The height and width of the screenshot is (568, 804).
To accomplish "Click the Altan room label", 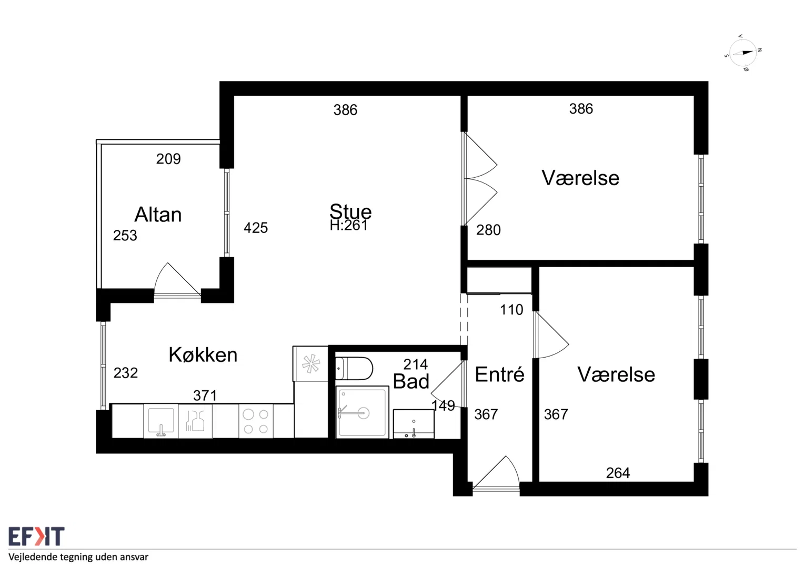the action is (x=158, y=215).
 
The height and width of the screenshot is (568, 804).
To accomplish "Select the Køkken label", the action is (x=203, y=354).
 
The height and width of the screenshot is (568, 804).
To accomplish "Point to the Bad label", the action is (x=411, y=381).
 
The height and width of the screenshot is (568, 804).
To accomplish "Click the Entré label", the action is (x=499, y=374).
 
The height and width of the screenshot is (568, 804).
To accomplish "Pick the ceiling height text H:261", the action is (x=349, y=225).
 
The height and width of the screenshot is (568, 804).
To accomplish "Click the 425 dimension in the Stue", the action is (x=256, y=228).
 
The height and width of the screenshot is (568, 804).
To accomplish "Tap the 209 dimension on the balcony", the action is (x=168, y=159).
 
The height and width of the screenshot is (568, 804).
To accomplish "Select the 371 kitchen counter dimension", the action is (x=205, y=395).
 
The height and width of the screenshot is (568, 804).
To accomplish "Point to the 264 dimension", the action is (x=618, y=473).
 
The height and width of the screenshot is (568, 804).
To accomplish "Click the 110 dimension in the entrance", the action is (x=511, y=310).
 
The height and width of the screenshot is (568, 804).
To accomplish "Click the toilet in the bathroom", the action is (x=354, y=368).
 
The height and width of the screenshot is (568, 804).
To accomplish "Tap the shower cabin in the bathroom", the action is (x=362, y=412).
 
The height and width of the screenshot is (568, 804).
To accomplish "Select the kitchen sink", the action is (x=161, y=421).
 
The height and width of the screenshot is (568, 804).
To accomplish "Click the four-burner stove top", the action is (x=256, y=421).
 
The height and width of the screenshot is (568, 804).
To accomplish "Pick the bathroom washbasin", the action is (x=414, y=424).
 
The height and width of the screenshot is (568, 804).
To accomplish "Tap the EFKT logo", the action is (x=36, y=536).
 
